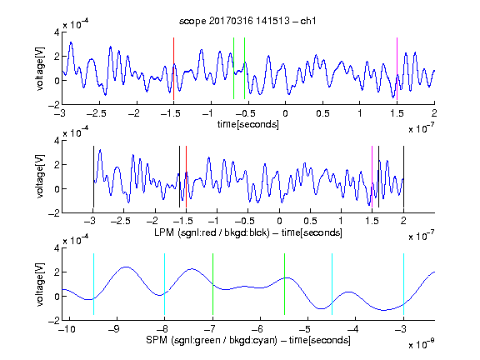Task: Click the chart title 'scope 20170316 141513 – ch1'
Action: pyautogui.click(x=247, y=21)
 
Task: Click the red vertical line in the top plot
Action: pyautogui.click(x=173, y=68)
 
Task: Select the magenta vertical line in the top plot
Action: pyautogui.click(x=397, y=68)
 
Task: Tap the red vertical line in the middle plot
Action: pyautogui.click(x=186, y=177)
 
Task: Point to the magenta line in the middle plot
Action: pyautogui.click(x=372, y=177)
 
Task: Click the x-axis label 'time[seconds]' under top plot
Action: pyautogui.click(x=248, y=124)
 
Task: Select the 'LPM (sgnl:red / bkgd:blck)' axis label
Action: pyautogui.click(x=212, y=232)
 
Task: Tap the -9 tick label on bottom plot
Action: pyautogui.click(x=114, y=329)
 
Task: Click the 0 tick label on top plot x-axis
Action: pyautogui.click(x=285, y=113)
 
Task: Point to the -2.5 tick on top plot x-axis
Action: pyautogui.click(x=97, y=113)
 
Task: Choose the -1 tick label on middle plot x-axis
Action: pyautogui.click(x=215, y=221)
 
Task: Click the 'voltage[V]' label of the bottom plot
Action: pyautogui.click(x=40, y=284)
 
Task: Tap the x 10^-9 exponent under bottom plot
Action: pyautogui.click(x=422, y=344)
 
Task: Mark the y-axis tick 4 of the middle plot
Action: pyautogui.click(x=57, y=141)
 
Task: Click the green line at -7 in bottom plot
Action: pyautogui.click(x=212, y=284)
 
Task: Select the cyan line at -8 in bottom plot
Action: pyautogui.click(x=164, y=284)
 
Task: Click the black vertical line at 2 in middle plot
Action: pyautogui.click(x=403, y=177)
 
